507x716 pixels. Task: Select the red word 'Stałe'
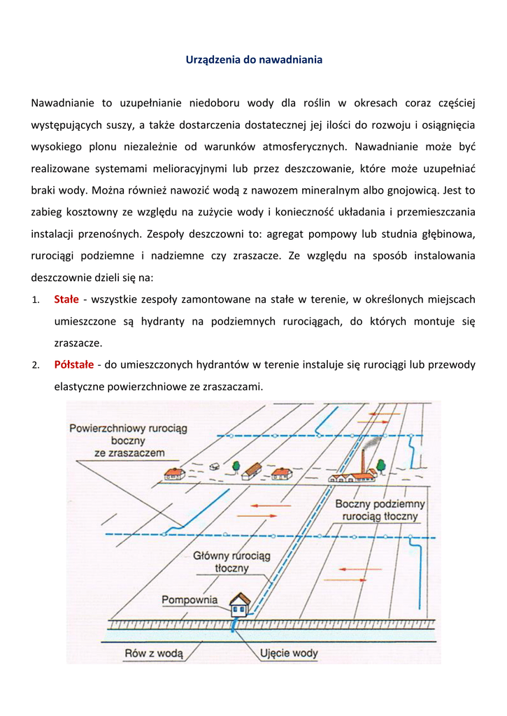tap(66, 299)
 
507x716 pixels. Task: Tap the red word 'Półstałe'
tap(73, 364)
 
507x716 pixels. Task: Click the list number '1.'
tap(35, 300)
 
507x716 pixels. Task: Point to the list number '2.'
tap(35, 365)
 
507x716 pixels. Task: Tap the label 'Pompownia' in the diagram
tap(190, 600)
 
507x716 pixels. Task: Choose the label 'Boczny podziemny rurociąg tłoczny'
tap(380, 510)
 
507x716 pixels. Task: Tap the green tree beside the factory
tap(380, 464)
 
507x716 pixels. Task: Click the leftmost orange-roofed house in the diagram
tap(174, 474)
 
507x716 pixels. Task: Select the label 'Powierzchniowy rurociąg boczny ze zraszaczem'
tap(129, 441)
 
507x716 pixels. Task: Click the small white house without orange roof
tap(214, 466)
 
